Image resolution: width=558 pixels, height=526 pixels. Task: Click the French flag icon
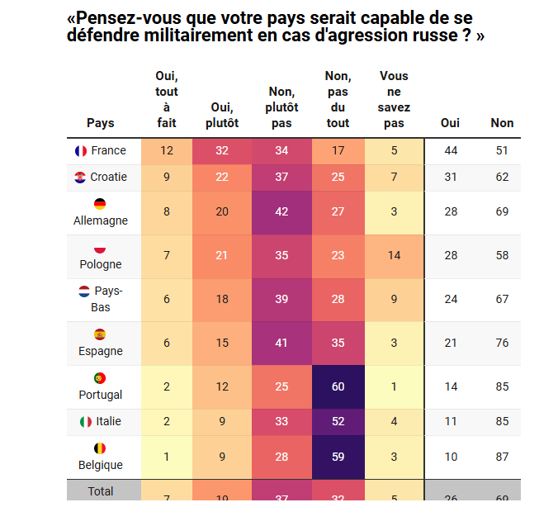(81, 151)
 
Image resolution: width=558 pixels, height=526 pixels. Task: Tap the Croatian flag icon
(80, 178)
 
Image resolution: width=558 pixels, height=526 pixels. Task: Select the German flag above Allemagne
(100, 204)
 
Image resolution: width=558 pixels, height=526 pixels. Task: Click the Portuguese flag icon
(100, 378)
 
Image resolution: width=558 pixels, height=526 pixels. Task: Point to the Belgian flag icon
(100, 448)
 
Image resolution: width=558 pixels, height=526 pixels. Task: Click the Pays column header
(101, 123)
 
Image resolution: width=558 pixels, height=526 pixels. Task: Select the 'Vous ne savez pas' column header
(394, 99)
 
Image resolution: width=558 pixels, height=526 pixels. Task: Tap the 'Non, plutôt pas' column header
(282, 107)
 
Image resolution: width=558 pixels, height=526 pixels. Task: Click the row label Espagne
(100, 351)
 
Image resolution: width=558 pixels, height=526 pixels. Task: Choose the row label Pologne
(100, 264)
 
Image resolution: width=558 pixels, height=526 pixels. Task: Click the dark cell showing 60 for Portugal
(338, 386)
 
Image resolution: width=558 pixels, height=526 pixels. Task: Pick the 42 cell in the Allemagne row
(282, 212)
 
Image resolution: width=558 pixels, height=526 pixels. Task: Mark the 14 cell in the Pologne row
(394, 256)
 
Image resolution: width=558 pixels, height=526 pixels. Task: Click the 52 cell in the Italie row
(338, 422)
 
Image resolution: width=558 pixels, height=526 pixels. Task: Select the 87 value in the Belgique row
(502, 457)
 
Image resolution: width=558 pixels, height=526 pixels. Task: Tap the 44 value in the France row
(451, 151)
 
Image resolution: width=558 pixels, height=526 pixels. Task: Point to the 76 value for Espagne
(502, 343)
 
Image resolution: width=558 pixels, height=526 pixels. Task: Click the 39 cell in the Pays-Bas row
(282, 299)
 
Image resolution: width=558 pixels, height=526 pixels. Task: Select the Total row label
(101, 491)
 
